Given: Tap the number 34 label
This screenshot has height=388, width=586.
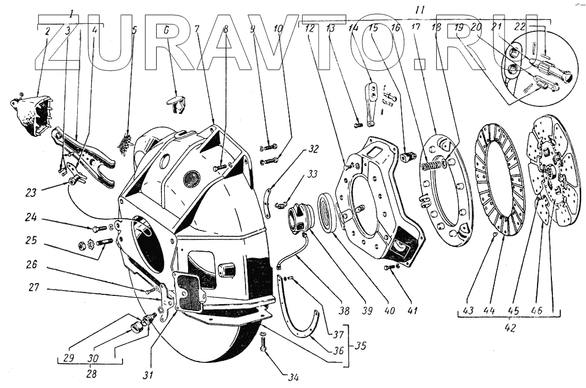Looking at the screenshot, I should tap(293, 378).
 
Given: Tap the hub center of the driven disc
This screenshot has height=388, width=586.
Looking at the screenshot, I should tap(550, 171).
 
